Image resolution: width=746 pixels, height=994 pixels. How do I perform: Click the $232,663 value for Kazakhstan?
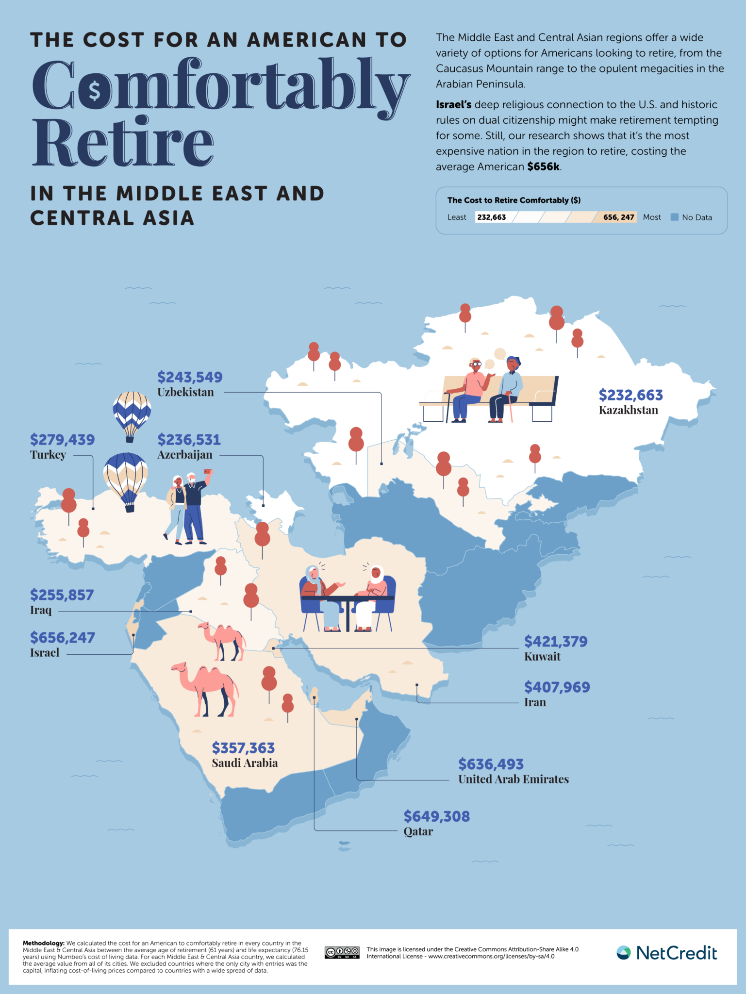coord(630,395)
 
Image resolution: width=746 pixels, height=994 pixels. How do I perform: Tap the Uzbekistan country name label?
coord(185,392)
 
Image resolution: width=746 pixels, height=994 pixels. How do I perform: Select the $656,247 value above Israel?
coord(63,637)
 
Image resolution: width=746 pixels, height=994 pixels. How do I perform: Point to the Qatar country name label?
coord(418,831)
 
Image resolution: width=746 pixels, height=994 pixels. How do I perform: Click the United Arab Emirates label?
coord(513,779)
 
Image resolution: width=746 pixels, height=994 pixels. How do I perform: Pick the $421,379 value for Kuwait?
coord(555,642)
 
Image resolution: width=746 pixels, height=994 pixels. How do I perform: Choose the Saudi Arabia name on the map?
coord(245,763)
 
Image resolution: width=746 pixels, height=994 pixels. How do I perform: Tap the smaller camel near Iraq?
coord(223,640)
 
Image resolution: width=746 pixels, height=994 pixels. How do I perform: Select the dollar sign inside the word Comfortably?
coord(94,91)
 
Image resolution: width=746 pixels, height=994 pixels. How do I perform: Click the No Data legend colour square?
coord(674,217)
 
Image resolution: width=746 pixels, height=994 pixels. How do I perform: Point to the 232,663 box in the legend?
coord(492,217)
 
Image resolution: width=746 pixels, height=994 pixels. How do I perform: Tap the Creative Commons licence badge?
coord(342,952)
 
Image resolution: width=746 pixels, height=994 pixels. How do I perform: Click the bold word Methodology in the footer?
coord(43,943)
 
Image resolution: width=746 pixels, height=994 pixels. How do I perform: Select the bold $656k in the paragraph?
coord(544,166)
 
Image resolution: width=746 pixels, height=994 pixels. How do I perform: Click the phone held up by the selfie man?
coord(208,471)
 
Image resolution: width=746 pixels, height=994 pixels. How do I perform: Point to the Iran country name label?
coord(535,702)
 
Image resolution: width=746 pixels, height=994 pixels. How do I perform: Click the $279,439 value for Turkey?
coord(62,440)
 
